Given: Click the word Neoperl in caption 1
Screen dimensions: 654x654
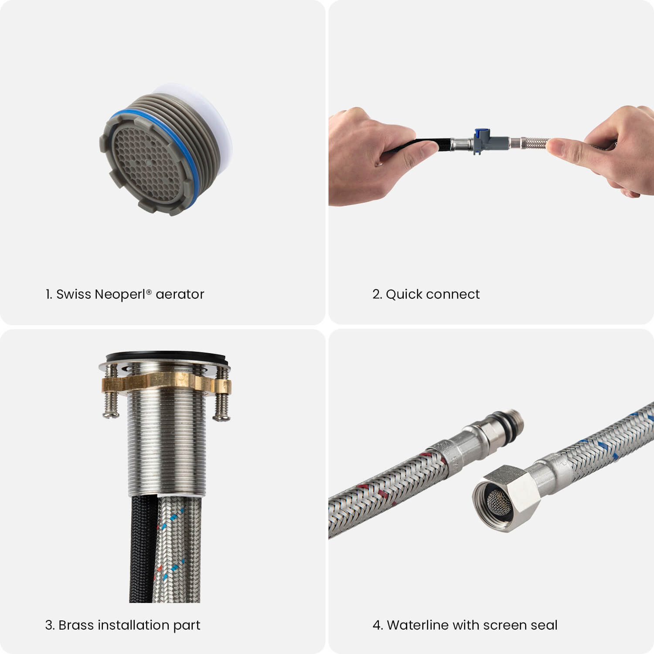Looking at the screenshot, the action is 121,295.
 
